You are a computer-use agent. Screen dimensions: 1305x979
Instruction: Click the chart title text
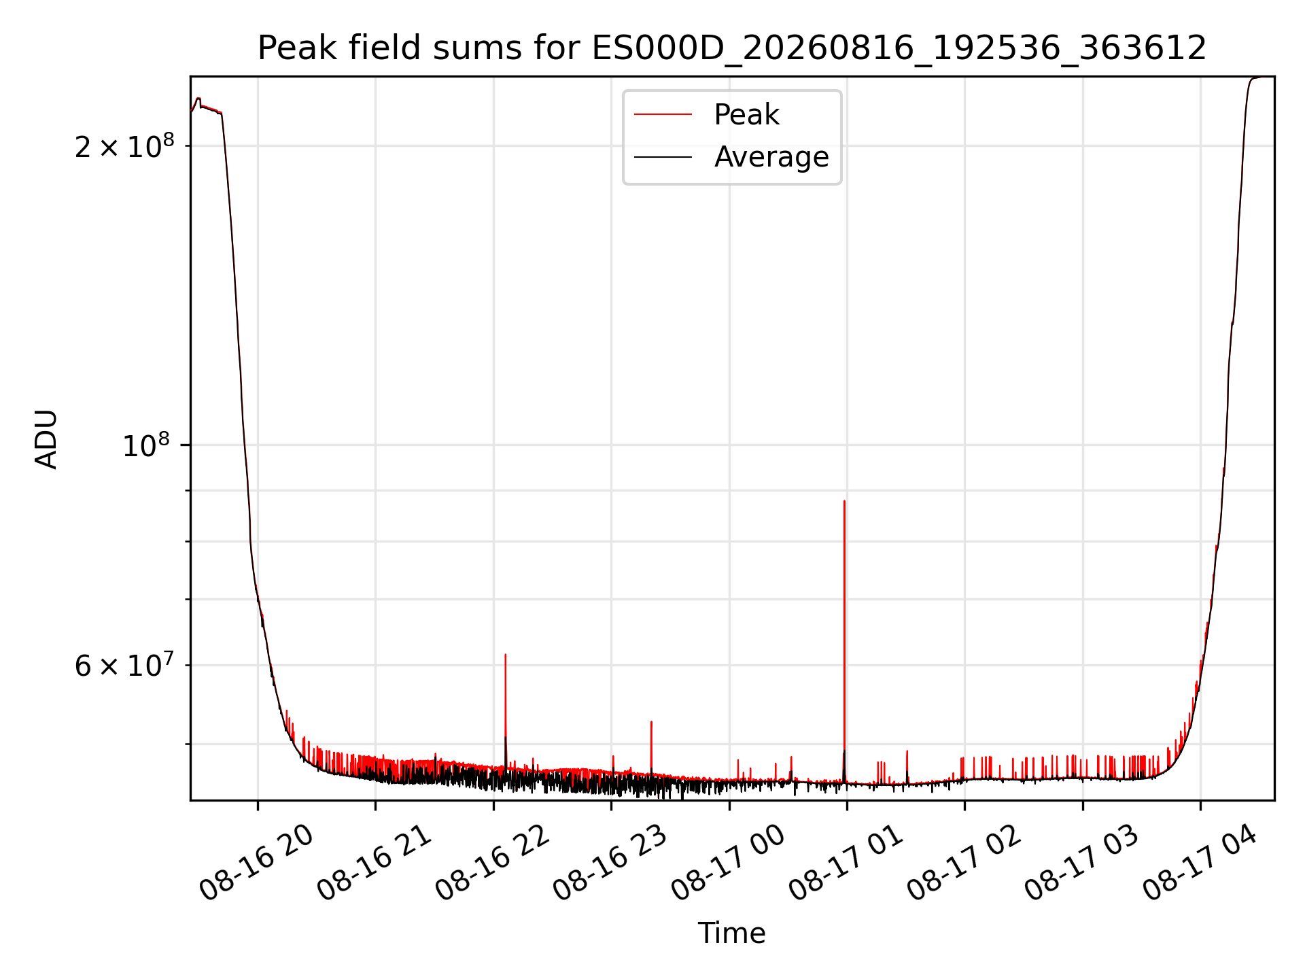click(x=732, y=48)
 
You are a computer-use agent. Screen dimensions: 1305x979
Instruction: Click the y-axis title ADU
click(x=46, y=439)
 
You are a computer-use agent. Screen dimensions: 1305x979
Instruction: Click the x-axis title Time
click(x=732, y=933)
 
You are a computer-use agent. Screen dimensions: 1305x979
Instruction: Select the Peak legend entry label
click(x=746, y=115)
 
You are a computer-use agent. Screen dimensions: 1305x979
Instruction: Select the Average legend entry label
click(x=771, y=157)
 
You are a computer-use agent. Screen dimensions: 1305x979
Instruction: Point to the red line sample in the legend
click(x=663, y=115)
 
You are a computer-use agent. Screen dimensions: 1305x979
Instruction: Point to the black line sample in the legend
click(x=663, y=157)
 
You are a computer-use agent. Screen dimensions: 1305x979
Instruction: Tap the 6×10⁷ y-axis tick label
click(x=124, y=665)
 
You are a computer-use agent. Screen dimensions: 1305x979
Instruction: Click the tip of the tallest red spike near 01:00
click(x=844, y=501)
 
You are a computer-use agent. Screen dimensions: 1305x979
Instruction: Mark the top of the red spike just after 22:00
click(x=505, y=655)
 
